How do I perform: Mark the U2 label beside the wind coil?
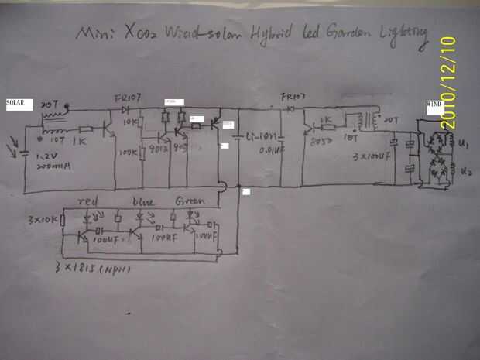tap(464, 170)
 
